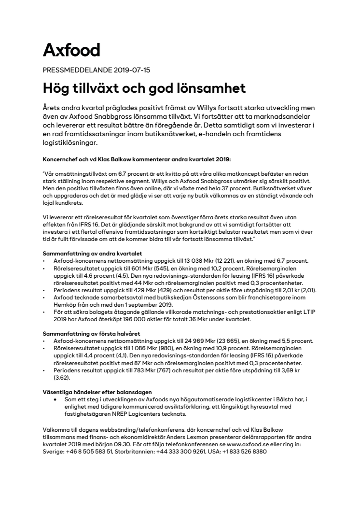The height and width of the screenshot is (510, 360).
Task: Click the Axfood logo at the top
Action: pyautogui.click(x=71, y=50)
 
